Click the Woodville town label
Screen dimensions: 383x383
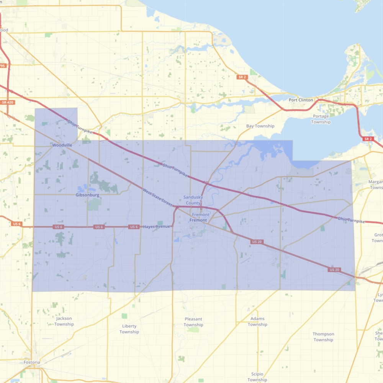[x=62, y=145]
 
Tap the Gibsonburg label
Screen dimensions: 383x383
[x=87, y=195]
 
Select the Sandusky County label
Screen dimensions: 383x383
[x=193, y=200]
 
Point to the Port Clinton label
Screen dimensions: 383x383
[x=301, y=100]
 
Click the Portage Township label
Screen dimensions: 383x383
[x=321, y=119]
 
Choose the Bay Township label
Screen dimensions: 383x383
[x=260, y=126]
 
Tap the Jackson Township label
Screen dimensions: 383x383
[x=64, y=321]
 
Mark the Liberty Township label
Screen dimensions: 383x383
[x=129, y=329]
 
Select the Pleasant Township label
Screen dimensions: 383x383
[x=193, y=322]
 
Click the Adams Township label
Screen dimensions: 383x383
[x=257, y=321]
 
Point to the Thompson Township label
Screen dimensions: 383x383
[x=323, y=337]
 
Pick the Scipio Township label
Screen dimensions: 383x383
[x=257, y=377]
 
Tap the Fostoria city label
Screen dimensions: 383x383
[x=31, y=362]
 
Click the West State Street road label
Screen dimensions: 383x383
[x=158, y=198]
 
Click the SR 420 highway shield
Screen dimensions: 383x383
[x=7, y=102]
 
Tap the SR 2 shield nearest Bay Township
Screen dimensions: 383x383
[x=242, y=77]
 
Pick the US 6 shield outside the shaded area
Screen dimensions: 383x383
[x=16, y=224]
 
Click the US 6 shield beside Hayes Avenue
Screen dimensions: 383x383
[x=134, y=227]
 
